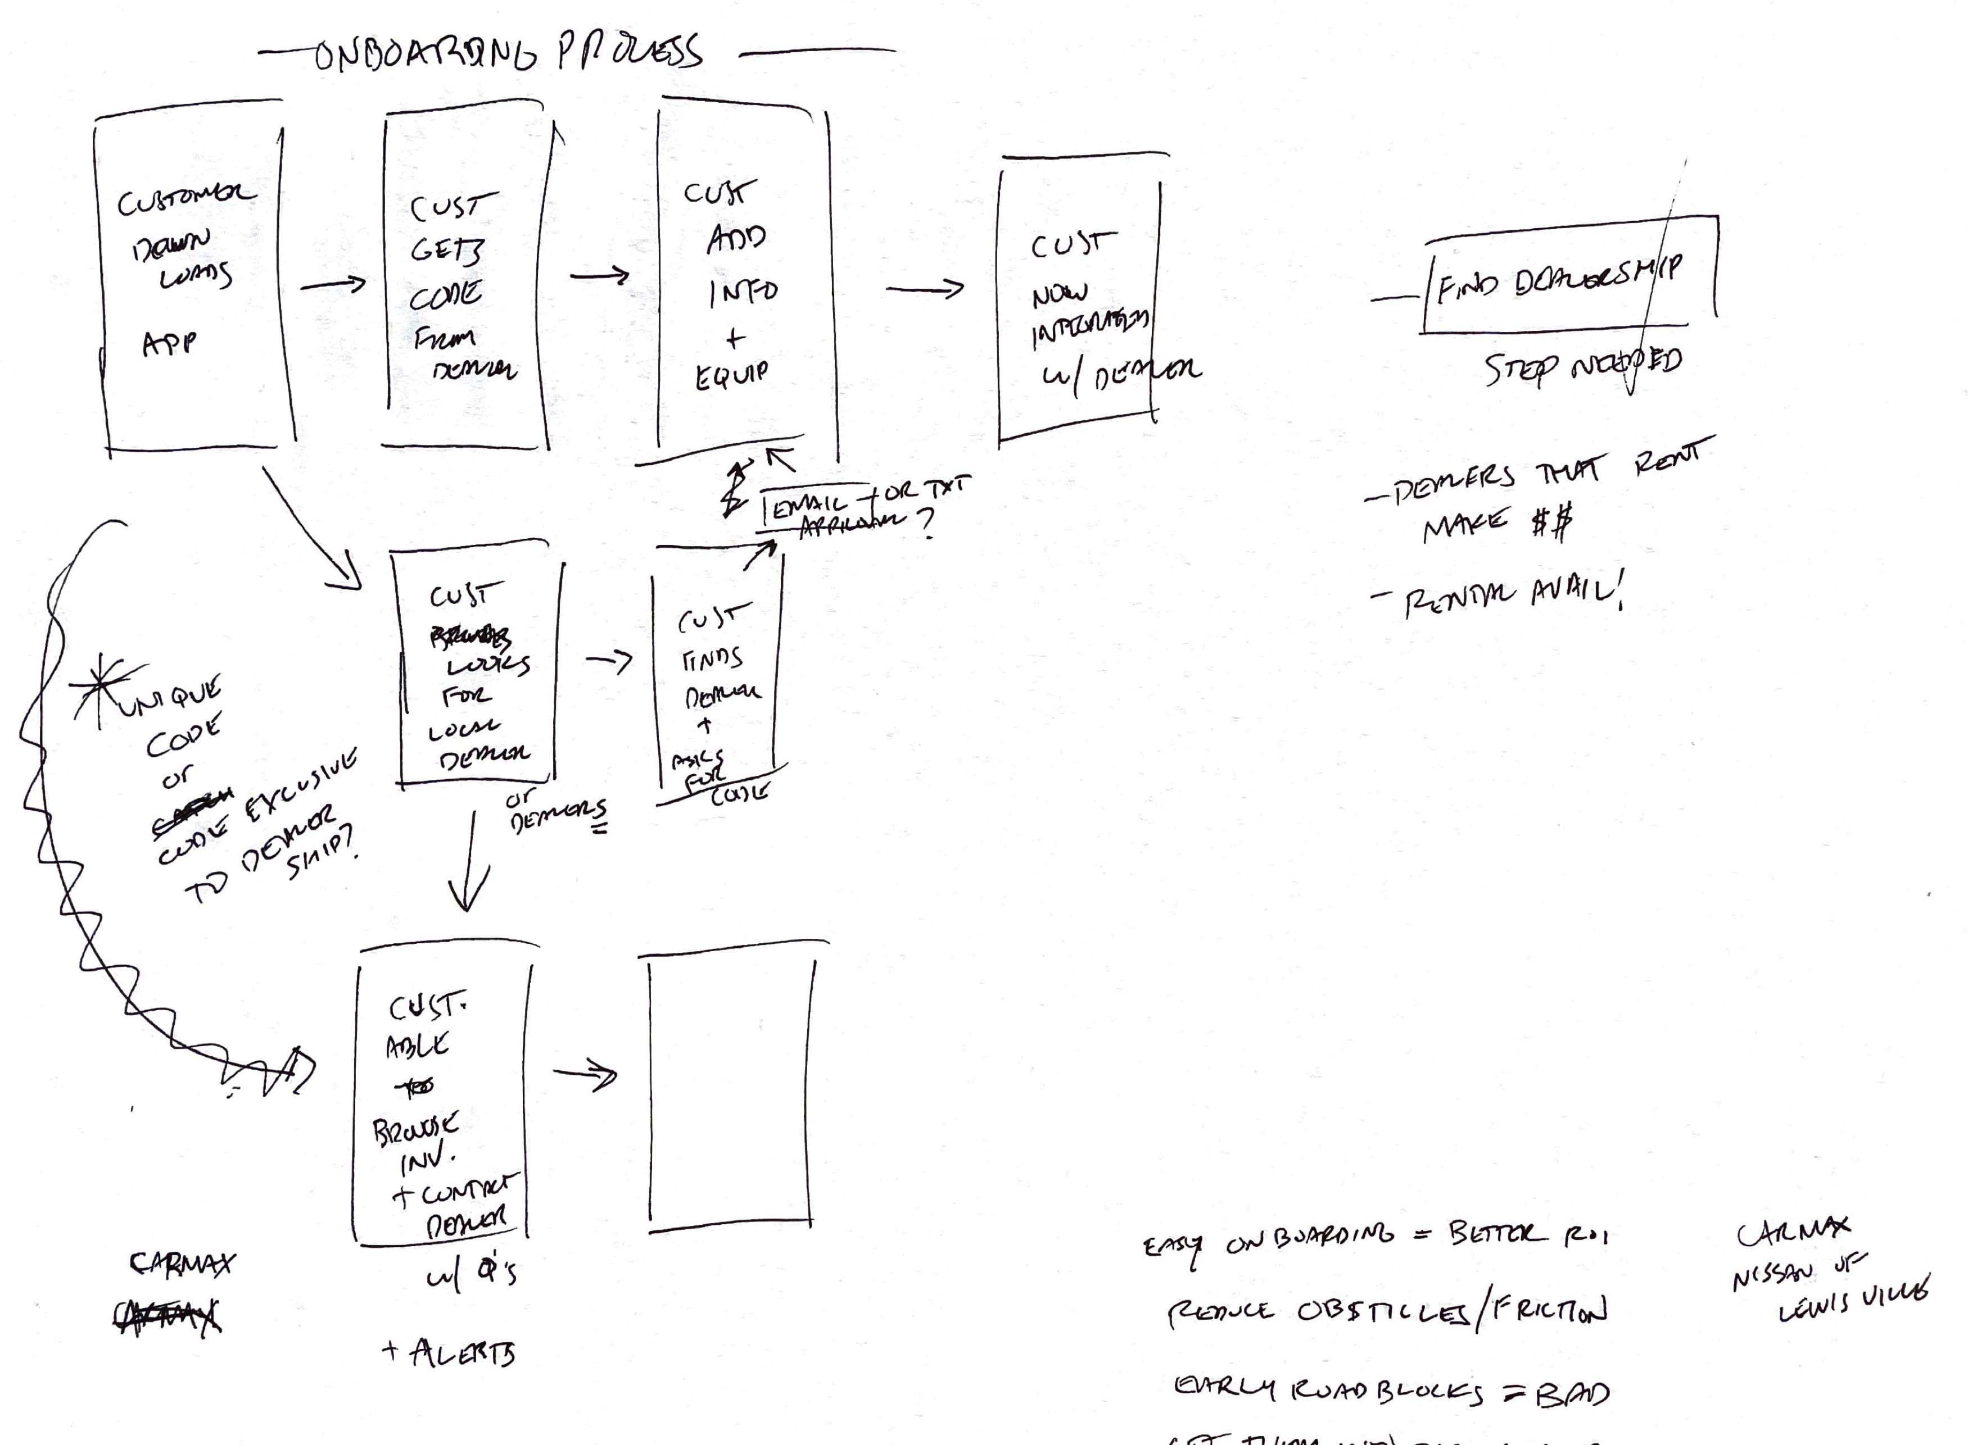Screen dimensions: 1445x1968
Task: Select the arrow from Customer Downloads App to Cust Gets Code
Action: coord(333,284)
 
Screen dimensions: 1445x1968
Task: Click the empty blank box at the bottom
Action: coord(731,1093)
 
